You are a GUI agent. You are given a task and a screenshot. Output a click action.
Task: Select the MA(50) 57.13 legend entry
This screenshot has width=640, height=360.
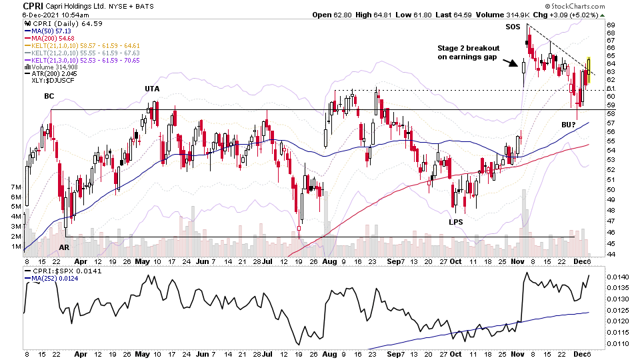pos(50,31)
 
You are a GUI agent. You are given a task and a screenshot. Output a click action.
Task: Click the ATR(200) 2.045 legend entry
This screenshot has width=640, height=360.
pos(51,73)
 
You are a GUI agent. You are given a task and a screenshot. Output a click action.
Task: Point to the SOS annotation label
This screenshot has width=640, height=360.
pos(513,27)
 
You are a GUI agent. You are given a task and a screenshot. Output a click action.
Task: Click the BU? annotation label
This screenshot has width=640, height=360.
pos(569,125)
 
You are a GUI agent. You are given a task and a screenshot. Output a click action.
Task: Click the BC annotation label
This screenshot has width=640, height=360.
pos(49,96)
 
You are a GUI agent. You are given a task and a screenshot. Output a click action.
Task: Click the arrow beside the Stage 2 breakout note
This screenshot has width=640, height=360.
pos(511,64)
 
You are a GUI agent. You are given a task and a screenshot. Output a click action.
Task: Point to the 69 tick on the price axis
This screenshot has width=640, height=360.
pos(611,25)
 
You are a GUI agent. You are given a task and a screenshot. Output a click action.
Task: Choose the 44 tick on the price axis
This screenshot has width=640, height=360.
pos(611,254)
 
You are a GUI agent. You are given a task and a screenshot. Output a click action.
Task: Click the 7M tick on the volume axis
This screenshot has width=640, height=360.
pos(14,188)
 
